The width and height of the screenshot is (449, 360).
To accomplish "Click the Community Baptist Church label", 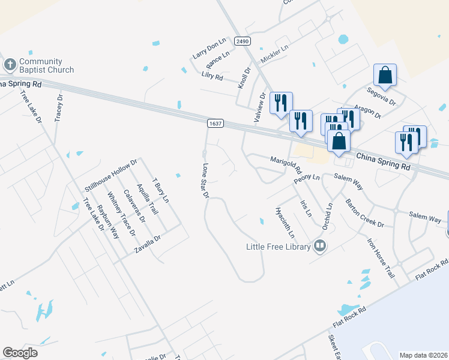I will pyautogui.click(x=41, y=65).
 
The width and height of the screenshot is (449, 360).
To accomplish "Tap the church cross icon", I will pyautogui.click(x=10, y=64).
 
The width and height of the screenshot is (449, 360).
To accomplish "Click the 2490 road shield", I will pyautogui.click(x=243, y=41).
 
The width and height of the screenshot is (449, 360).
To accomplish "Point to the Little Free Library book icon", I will pyautogui.click(x=320, y=245).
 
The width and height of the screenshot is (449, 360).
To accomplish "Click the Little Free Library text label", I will pyautogui.click(x=279, y=246).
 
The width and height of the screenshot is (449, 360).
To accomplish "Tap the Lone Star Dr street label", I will pyautogui.click(x=205, y=181).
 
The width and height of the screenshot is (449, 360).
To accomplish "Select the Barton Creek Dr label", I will pyautogui.click(x=364, y=212).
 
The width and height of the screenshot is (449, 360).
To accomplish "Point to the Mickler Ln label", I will pyautogui.click(x=275, y=54).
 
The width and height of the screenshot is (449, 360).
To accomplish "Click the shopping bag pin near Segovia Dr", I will pyautogui.click(x=385, y=76).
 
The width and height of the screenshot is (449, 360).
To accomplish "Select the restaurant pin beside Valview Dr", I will pyautogui.click(x=280, y=103).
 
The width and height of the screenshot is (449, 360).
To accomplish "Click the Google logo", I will pyautogui.click(x=20, y=353).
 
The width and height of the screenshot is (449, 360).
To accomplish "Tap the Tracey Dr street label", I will pyautogui.click(x=59, y=108).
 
